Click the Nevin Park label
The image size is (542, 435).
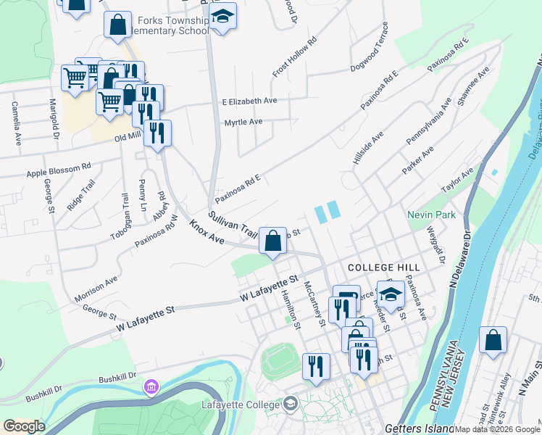point(431,215)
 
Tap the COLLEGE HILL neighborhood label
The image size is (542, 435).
point(374,268)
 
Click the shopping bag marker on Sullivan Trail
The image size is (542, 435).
point(272,240)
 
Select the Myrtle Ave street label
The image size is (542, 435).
point(243,122)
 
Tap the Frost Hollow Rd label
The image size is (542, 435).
point(295,57)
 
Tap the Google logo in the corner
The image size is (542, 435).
point(24,426)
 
